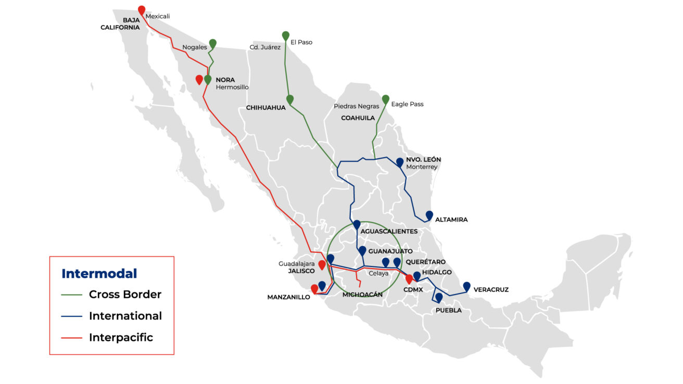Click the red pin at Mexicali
click(x=142, y=10)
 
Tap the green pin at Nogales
click(x=212, y=43)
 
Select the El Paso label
click(x=301, y=42)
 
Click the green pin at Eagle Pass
click(x=386, y=99)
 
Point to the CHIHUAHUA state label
click(x=266, y=108)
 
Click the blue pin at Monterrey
click(x=400, y=162)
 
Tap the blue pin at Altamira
click(x=429, y=215)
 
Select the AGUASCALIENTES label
click(x=389, y=231)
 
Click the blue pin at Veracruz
click(x=466, y=286)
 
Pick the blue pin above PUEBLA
click(x=439, y=298)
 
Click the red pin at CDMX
click(x=409, y=279)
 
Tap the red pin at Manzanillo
click(x=314, y=289)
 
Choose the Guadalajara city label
click(x=297, y=264)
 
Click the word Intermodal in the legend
click(x=99, y=274)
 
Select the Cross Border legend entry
click(x=125, y=295)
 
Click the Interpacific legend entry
click(x=121, y=337)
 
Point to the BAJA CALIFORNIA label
click(x=120, y=23)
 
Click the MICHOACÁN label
click(x=362, y=295)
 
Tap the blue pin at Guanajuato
click(x=362, y=251)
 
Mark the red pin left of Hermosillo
click(x=199, y=80)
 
